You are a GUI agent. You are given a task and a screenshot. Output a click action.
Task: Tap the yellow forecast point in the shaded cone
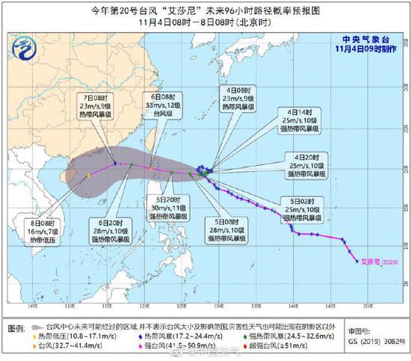point(87,175)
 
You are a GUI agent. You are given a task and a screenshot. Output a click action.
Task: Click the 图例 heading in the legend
point(15,329)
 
